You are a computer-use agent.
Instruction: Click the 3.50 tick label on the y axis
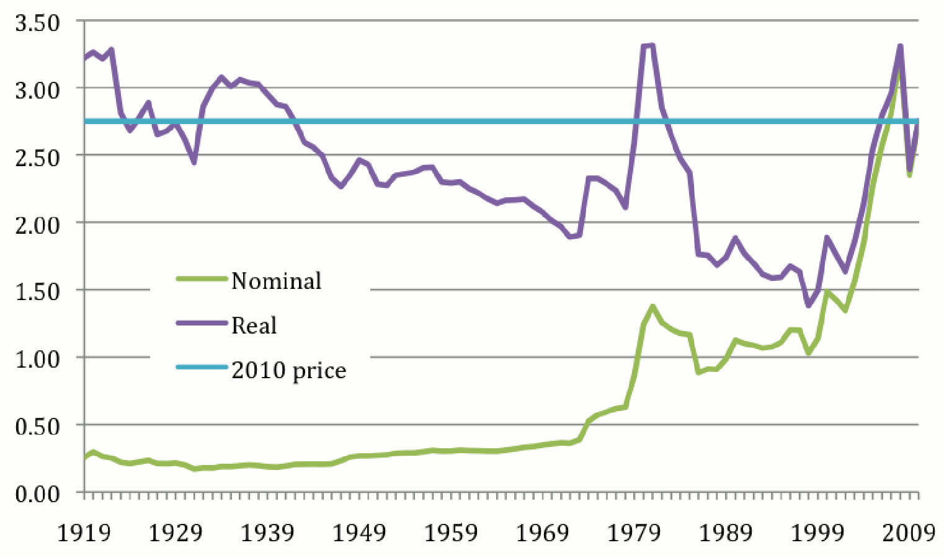tap(37, 24)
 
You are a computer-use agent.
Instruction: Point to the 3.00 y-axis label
tap(37, 91)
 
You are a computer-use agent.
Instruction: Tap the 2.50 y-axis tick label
tap(37, 157)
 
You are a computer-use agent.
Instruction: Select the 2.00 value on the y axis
tap(37, 225)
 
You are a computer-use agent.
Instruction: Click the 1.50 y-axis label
tap(37, 292)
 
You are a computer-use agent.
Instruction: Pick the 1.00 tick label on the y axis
tap(37, 360)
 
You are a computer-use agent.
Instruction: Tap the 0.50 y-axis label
tap(37, 427)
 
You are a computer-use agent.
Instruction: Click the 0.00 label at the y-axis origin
tap(37, 494)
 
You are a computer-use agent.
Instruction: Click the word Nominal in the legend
tap(277, 281)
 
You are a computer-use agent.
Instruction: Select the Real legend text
tap(254, 325)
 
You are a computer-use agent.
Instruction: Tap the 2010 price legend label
tap(289, 370)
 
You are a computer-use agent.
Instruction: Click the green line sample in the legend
tap(202, 278)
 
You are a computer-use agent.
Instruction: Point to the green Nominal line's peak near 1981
tap(652, 306)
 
